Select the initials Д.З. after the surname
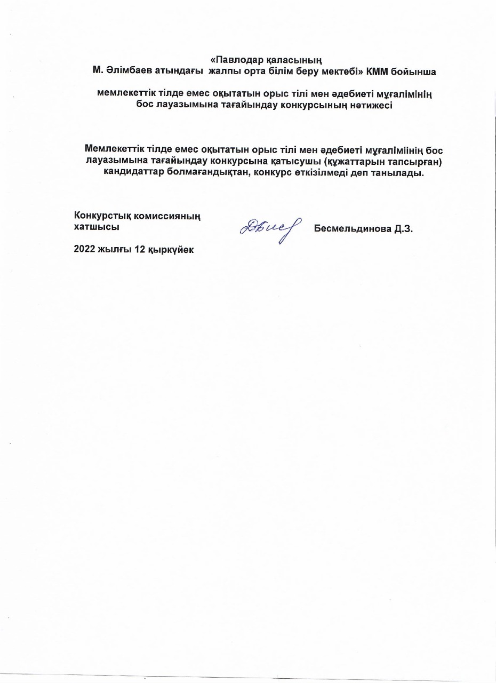403,229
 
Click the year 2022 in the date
85,250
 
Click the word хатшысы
96,226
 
